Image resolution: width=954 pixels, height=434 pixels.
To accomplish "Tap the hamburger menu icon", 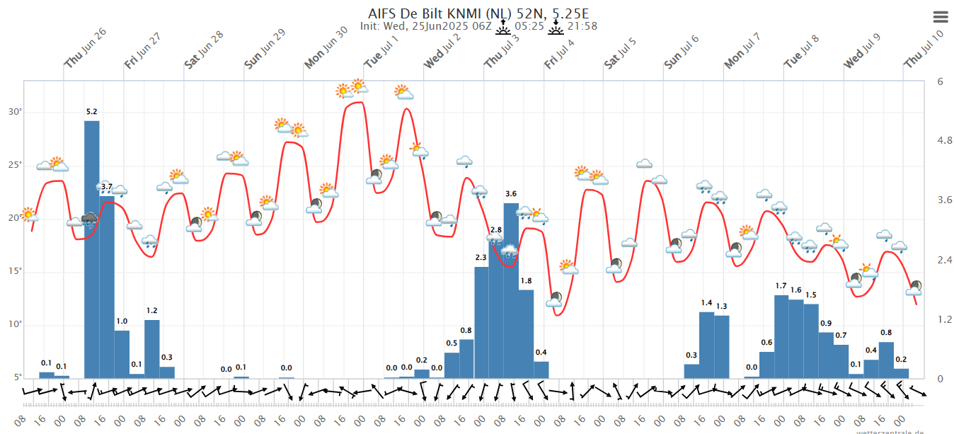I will [x=941, y=17].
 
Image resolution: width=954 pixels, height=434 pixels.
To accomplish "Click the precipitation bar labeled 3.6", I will [x=511, y=290].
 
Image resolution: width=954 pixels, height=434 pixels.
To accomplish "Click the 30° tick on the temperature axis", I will [x=15, y=112].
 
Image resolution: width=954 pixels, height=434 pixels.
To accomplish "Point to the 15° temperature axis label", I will [x=15, y=271].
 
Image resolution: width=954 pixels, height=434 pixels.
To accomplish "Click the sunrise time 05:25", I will [x=529, y=26].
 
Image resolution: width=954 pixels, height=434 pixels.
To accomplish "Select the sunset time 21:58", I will [x=582, y=26].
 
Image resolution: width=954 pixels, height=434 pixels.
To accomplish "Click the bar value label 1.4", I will [x=706, y=303].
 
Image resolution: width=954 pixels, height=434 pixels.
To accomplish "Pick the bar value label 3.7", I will [x=107, y=187].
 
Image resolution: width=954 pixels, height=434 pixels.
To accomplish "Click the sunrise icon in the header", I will [x=503, y=26].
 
